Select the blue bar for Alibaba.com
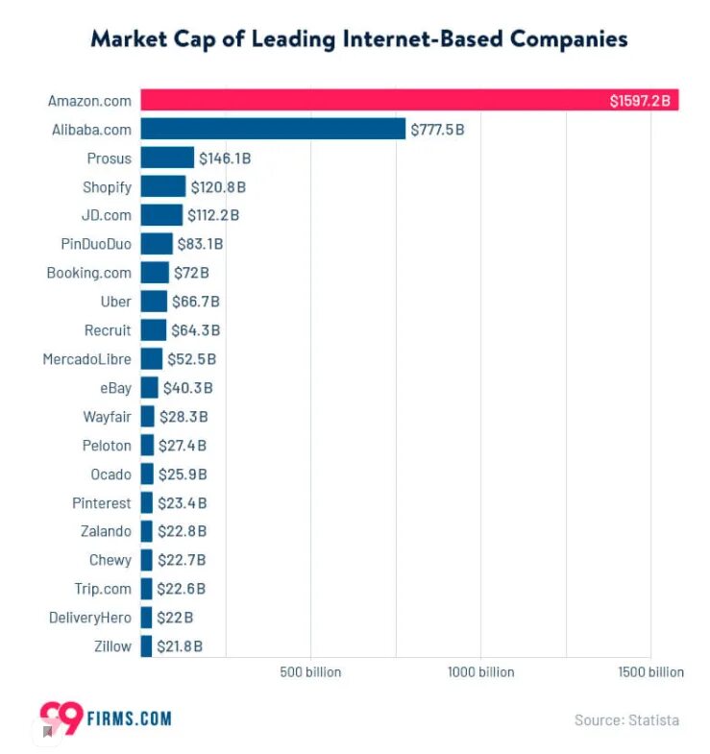point(273,129)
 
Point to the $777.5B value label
point(437,129)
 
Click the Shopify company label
point(108,186)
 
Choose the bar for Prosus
point(167,158)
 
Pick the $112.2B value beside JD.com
point(213,215)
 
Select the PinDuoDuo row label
point(96,244)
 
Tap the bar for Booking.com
point(155,273)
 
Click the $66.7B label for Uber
point(196,302)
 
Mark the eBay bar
point(149,388)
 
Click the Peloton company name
point(107,446)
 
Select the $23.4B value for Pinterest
point(183,502)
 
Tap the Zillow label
point(113,646)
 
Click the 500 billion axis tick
point(310,672)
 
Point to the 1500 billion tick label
point(651,672)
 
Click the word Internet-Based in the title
point(427,39)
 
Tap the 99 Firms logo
point(105,718)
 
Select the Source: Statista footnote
point(626,719)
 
